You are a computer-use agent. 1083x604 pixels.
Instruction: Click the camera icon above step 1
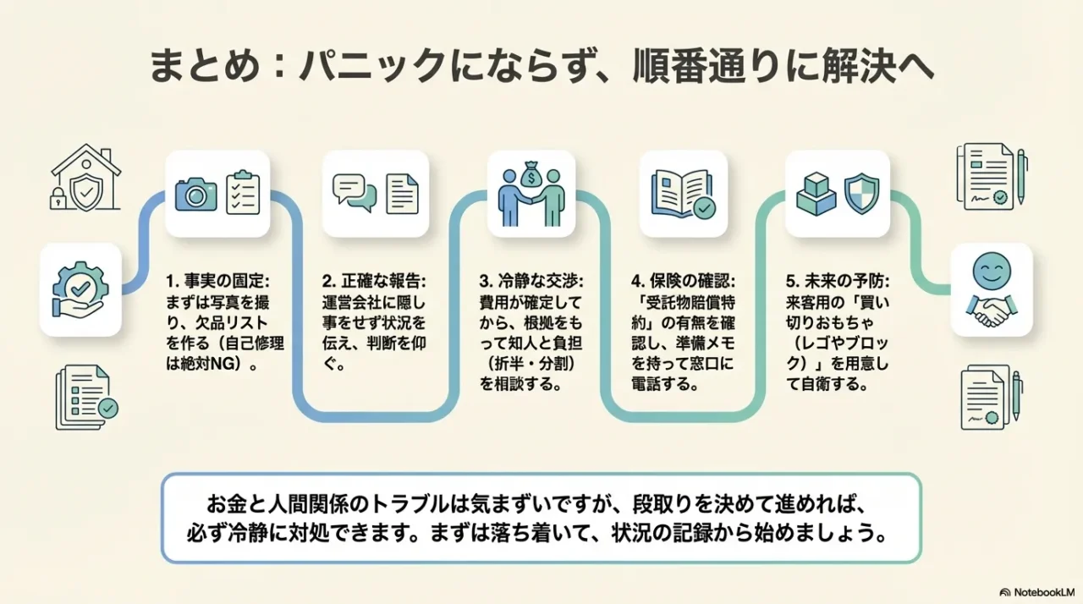point(195,194)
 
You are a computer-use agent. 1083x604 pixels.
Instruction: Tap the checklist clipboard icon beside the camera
point(242,193)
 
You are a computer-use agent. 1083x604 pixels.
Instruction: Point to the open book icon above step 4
point(683,194)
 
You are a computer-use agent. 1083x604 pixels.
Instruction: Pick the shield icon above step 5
point(861,193)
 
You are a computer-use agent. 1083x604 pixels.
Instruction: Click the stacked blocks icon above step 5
point(816,193)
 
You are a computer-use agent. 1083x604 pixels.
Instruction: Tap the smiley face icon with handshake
point(991,288)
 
